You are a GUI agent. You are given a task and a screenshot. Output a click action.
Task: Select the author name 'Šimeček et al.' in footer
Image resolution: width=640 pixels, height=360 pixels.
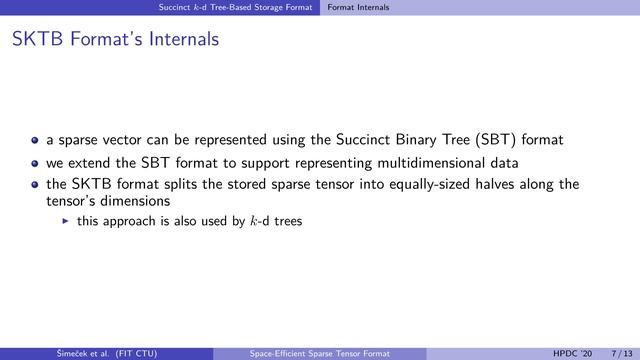59,352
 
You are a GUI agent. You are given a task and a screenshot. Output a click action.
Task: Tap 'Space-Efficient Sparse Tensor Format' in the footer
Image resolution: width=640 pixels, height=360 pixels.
320,352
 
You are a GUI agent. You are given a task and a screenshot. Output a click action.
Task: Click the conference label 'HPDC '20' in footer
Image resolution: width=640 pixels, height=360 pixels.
571,352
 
